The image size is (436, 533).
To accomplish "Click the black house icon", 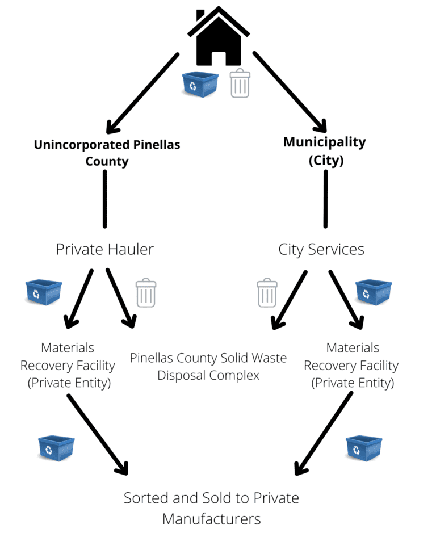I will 219,37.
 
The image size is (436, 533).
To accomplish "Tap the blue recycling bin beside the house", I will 199,85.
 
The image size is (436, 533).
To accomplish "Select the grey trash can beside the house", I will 240,83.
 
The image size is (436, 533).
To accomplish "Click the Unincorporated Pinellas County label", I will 107,153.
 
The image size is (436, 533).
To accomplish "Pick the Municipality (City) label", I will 325,151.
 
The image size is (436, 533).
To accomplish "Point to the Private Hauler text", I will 104,249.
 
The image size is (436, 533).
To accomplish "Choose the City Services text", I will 321,249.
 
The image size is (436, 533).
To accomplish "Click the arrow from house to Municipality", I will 290,91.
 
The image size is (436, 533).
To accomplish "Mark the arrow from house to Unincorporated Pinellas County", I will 142,91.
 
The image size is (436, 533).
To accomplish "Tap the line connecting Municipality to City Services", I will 325,198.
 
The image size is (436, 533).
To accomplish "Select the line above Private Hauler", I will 105,198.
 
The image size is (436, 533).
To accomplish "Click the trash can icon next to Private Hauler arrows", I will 146,292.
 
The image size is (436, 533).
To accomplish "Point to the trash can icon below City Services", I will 267,292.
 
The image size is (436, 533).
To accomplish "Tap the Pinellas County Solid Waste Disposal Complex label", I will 208,367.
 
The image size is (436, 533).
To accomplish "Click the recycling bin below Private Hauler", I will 44,292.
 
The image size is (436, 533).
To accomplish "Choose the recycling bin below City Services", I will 373,292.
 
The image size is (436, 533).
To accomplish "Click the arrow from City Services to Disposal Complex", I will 290,299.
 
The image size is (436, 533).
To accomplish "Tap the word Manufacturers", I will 211,518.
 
